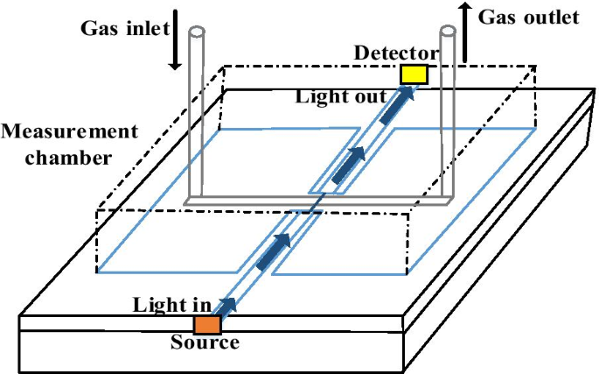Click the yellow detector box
[414, 74]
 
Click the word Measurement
[70, 131]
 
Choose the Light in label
[171, 305]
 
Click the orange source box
[206, 325]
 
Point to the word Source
[205, 342]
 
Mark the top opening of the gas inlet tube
[198, 32]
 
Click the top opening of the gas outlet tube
[447, 32]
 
